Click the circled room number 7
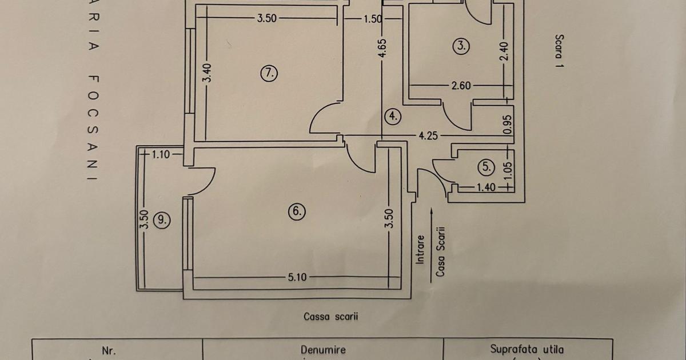click(269, 73)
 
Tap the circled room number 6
click(297, 211)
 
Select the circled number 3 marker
click(461, 46)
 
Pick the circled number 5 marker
click(486, 167)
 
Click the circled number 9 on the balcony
click(163, 220)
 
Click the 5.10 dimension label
click(297, 277)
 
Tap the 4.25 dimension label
click(428, 136)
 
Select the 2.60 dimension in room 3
click(461, 86)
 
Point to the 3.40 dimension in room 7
click(208, 73)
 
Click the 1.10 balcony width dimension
click(161, 154)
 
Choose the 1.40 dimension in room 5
click(486, 186)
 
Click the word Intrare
click(421, 250)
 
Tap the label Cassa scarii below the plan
click(331, 316)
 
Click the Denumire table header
click(323, 350)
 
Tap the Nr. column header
click(109, 350)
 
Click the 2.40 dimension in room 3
click(504, 52)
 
